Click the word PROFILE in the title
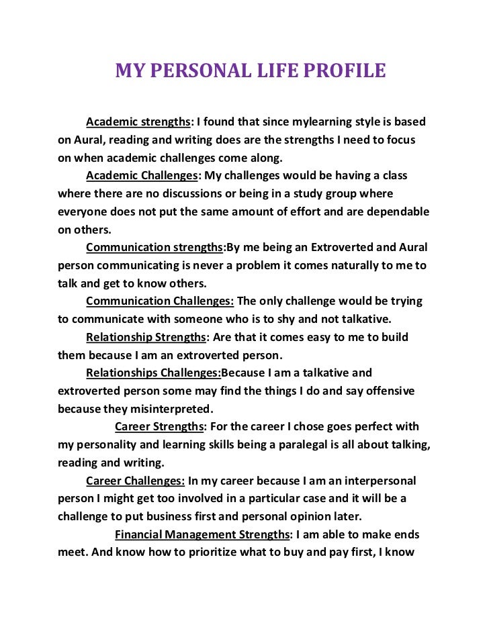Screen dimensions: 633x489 [x=344, y=70]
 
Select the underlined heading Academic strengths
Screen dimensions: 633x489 [x=138, y=122]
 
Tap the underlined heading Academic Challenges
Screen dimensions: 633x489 [x=142, y=176]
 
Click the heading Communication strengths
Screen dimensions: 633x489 [x=154, y=247]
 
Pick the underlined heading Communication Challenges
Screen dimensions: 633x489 [x=160, y=301]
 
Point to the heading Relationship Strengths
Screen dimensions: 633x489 [x=144, y=336]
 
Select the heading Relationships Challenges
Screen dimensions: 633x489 [x=153, y=373]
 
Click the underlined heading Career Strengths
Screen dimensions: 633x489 [x=159, y=426]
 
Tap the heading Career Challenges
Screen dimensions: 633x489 [x=135, y=481]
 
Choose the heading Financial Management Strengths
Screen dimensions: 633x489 [x=202, y=534]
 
